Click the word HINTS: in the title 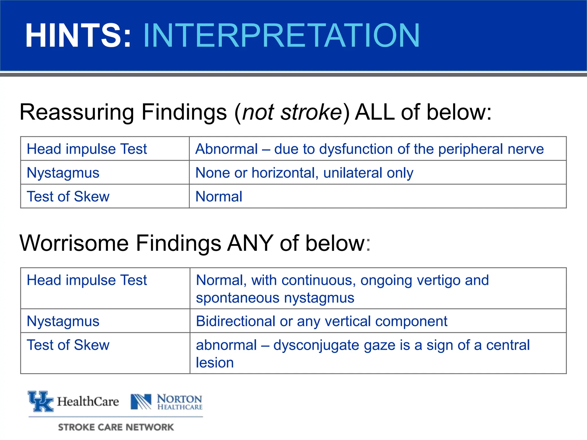[x=78, y=36]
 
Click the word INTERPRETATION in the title [x=281, y=36]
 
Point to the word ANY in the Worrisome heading [x=250, y=243]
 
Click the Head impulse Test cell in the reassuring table [x=87, y=149]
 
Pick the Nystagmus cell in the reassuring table [x=63, y=173]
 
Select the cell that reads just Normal [x=219, y=197]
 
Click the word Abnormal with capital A [x=227, y=149]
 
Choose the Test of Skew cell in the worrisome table [x=68, y=345]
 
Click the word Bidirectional [x=235, y=321]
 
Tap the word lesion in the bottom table [x=215, y=363]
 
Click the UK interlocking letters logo [x=41, y=401]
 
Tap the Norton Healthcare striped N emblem [x=141, y=402]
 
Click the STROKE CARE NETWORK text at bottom [x=116, y=427]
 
